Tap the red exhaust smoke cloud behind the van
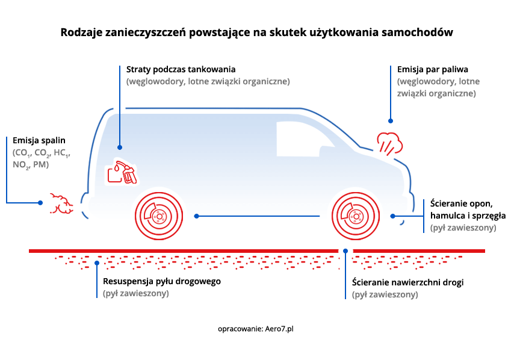click(61, 204)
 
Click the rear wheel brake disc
click(159, 216)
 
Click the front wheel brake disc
click(355, 216)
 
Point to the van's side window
click(303, 139)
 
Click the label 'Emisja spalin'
click(39, 140)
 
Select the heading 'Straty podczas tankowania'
click(181, 69)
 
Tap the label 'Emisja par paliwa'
click(433, 69)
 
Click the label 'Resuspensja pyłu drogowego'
click(162, 281)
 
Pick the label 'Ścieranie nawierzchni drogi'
click(408, 282)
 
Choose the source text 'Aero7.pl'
click(279, 329)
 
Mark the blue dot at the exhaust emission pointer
click(40, 203)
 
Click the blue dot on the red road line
click(345, 251)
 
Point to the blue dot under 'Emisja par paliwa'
click(391, 121)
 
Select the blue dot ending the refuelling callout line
click(120, 147)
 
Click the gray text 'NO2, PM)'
click(31, 164)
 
